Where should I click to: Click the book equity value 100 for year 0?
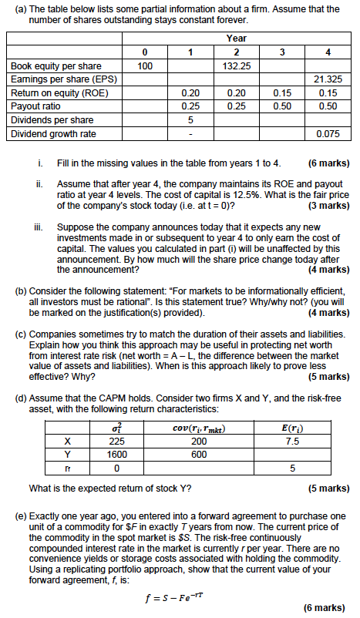[145, 67]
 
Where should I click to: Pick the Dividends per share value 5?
[190, 120]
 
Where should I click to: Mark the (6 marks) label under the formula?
[327, 607]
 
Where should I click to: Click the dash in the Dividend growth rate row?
[190, 133]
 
